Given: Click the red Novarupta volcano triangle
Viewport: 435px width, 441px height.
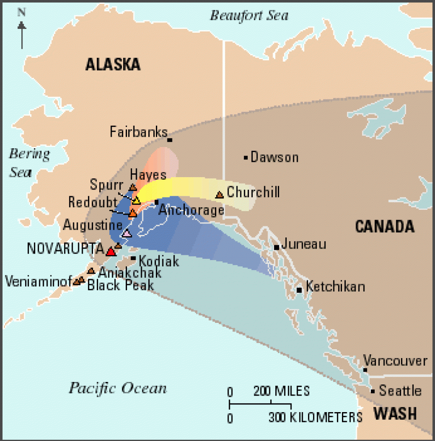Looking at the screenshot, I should coord(111,252).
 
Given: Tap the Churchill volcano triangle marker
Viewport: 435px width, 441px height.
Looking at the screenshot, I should coord(220,195).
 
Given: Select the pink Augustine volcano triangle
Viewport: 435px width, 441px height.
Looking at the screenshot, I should coord(127,233).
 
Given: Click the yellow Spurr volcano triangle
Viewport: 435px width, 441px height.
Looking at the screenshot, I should coord(136,200).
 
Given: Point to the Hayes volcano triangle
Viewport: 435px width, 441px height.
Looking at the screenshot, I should coord(133,187).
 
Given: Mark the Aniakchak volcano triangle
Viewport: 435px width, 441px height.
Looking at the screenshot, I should coord(91,271).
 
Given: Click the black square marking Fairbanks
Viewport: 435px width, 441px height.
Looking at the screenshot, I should coord(169,140).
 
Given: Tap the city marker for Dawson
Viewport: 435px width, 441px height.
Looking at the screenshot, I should coord(246,158).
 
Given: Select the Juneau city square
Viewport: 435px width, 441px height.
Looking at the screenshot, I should coord(277,247).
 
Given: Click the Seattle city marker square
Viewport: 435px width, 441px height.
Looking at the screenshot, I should coord(373,391).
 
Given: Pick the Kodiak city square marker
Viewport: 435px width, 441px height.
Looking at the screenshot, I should coord(133,258).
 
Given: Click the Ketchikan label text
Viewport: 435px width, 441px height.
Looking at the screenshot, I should coord(335,287).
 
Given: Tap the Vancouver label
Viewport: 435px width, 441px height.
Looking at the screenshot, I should coord(395,361).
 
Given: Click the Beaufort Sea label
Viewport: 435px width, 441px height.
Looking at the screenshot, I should coord(249,16).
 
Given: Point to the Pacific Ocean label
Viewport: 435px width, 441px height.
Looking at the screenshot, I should coord(118,388).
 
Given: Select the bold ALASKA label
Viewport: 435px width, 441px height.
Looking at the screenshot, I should coord(113,64).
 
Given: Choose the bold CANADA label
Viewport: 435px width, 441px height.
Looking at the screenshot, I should coord(384,226).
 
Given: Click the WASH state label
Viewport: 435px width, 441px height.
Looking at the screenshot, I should coord(395,413).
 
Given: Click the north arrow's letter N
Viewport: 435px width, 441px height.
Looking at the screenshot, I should coord(21,12).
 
